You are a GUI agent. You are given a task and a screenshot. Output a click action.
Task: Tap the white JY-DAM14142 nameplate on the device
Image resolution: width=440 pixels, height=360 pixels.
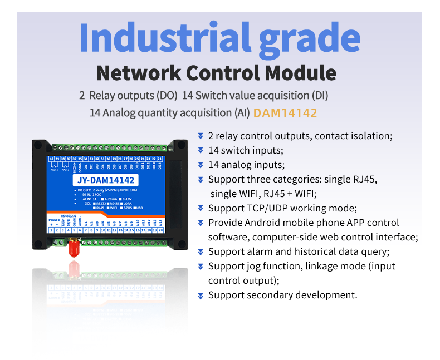pos(105,180)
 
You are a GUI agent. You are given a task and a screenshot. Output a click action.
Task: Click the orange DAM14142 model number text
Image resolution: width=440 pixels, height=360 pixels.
pos(285,113)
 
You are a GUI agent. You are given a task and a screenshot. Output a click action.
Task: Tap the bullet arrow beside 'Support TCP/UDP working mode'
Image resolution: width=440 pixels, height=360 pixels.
pos(201,208)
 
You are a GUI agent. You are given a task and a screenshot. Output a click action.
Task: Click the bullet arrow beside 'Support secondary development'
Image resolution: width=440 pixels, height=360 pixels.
pos(201,295)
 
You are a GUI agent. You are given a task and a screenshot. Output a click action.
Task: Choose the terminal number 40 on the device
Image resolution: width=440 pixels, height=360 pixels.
pos(52,159)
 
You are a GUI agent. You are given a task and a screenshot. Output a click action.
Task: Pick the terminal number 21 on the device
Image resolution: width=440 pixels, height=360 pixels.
pos(160,159)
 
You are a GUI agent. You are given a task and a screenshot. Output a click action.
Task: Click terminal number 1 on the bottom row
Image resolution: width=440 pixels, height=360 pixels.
pos(52,230)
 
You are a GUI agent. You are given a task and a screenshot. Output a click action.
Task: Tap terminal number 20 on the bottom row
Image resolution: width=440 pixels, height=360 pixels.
pos(160,230)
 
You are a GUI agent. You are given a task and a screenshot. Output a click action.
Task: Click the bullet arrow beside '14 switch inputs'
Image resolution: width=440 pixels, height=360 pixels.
pos(201,150)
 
